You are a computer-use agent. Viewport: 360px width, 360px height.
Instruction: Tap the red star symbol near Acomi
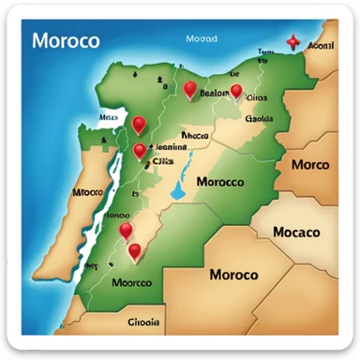[292, 42]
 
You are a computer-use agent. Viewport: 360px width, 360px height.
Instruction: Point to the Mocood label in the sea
[202, 40]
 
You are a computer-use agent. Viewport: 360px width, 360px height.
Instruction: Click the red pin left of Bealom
[190, 90]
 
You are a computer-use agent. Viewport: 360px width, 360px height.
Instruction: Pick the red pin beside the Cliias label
[236, 91]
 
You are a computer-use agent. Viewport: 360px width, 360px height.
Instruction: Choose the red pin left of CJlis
[140, 151]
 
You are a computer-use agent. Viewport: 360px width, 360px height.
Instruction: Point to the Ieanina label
[171, 146]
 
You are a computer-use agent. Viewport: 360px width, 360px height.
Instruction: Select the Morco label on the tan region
[309, 164]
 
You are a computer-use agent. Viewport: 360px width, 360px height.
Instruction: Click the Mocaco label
[295, 232]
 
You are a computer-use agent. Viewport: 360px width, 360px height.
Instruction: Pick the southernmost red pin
[135, 250]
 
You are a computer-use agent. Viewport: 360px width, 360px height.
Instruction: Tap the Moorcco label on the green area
[130, 281]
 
